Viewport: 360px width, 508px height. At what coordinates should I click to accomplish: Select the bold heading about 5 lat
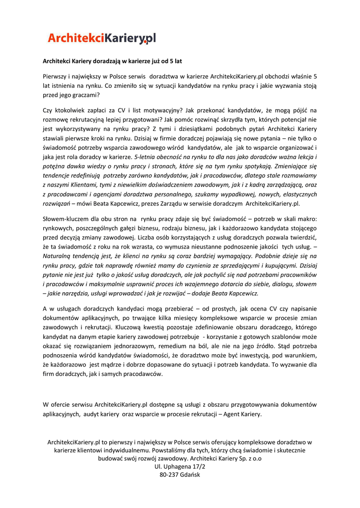pyautogui.click(x=112, y=61)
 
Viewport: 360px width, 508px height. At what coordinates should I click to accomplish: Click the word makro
pyautogui.click(x=307, y=218)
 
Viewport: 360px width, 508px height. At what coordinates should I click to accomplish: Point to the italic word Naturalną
pyautogui.click(x=59, y=256)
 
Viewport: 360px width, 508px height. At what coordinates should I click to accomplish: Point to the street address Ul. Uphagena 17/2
pyautogui.click(x=180, y=467)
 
